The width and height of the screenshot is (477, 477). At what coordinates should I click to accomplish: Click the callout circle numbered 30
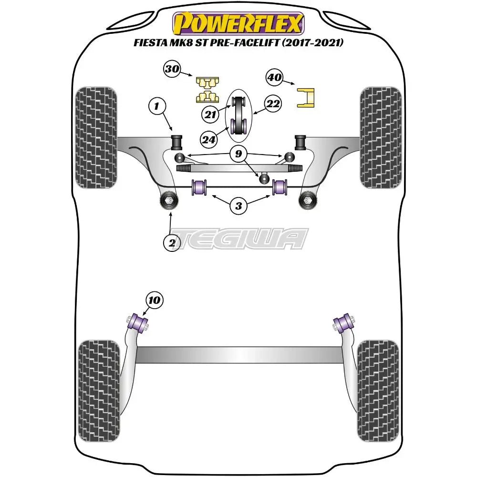tap(172, 69)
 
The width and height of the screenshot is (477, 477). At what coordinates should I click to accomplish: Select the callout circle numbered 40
tap(275, 78)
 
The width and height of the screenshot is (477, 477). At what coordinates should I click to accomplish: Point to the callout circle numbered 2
tap(172, 243)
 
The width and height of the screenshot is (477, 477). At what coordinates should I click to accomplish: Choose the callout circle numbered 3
tap(238, 206)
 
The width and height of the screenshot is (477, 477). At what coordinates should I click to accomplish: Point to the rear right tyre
tap(377, 385)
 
